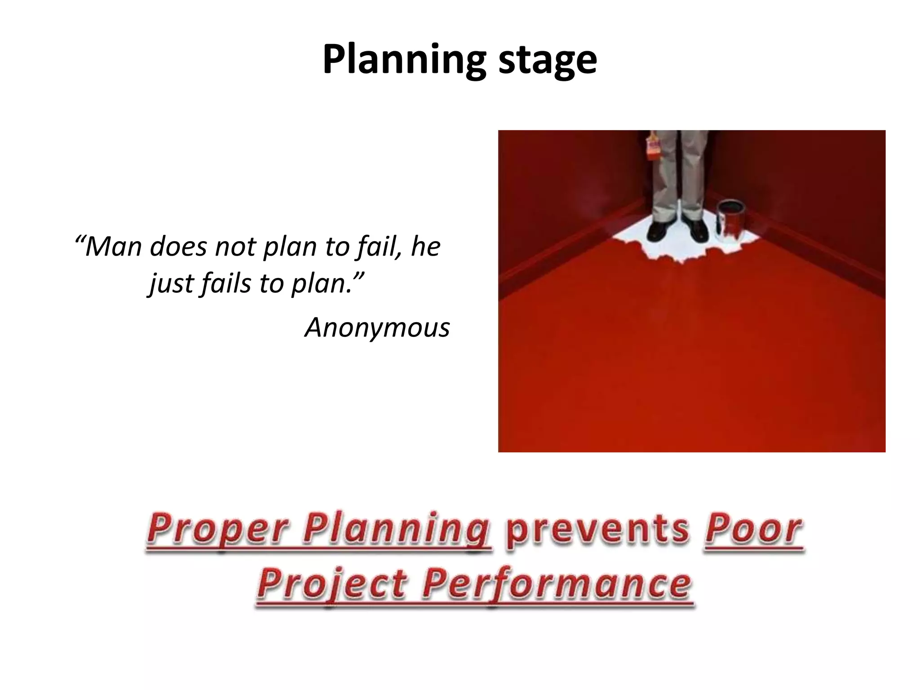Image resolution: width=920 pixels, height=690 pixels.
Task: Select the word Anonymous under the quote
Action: pyautogui.click(x=377, y=327)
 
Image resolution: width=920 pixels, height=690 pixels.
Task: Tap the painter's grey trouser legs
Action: pyautogui.click(x=678, y=175)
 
